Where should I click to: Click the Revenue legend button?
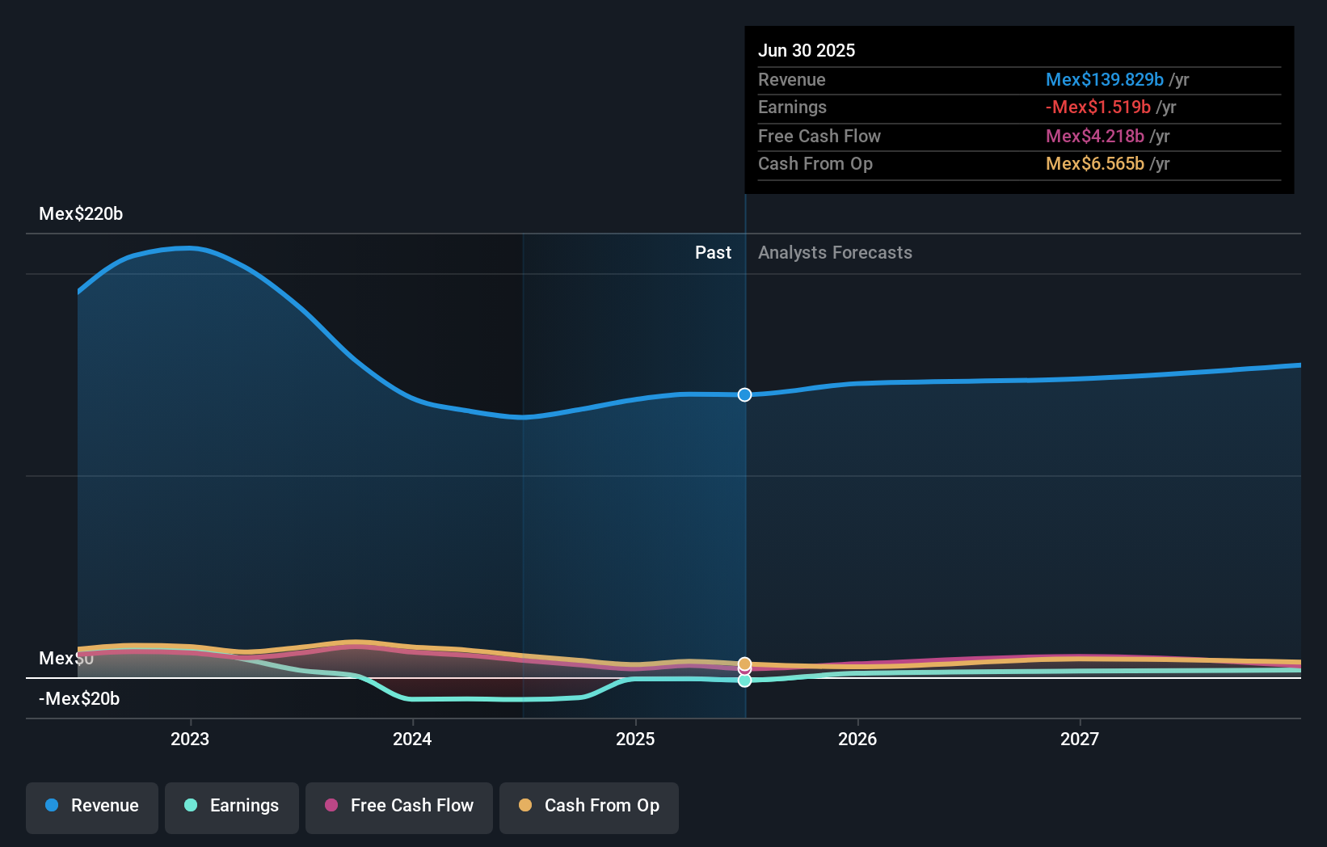[92, 807]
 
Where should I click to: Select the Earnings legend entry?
[232, 807]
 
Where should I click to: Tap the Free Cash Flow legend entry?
[399, 807]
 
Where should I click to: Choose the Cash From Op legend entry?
[589, 807]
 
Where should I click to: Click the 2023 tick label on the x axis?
[190, 740]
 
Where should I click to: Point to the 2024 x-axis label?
[412, 740]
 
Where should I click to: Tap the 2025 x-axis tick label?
[635, 740]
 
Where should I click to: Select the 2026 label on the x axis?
[857, 740]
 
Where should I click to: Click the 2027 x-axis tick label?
[1080, 740]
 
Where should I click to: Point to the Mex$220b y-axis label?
[81, 214]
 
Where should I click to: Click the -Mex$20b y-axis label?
[79, 699]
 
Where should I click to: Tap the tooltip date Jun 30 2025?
[807, 51]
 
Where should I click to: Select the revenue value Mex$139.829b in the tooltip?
[1105, 80]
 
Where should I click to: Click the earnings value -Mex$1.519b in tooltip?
[1098, 107]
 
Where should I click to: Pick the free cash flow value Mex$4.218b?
[1095, 137]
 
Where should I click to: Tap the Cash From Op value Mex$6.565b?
[1095, 164]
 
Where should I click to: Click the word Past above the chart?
[713, 253]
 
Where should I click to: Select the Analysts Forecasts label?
[835, 253]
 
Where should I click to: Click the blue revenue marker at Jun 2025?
[744, 394]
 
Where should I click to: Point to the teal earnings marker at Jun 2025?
[744, 681]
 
